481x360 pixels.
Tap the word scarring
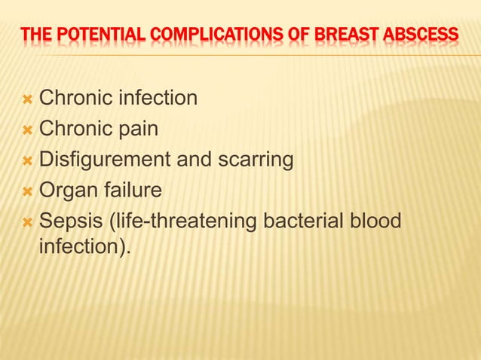[254, 160]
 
